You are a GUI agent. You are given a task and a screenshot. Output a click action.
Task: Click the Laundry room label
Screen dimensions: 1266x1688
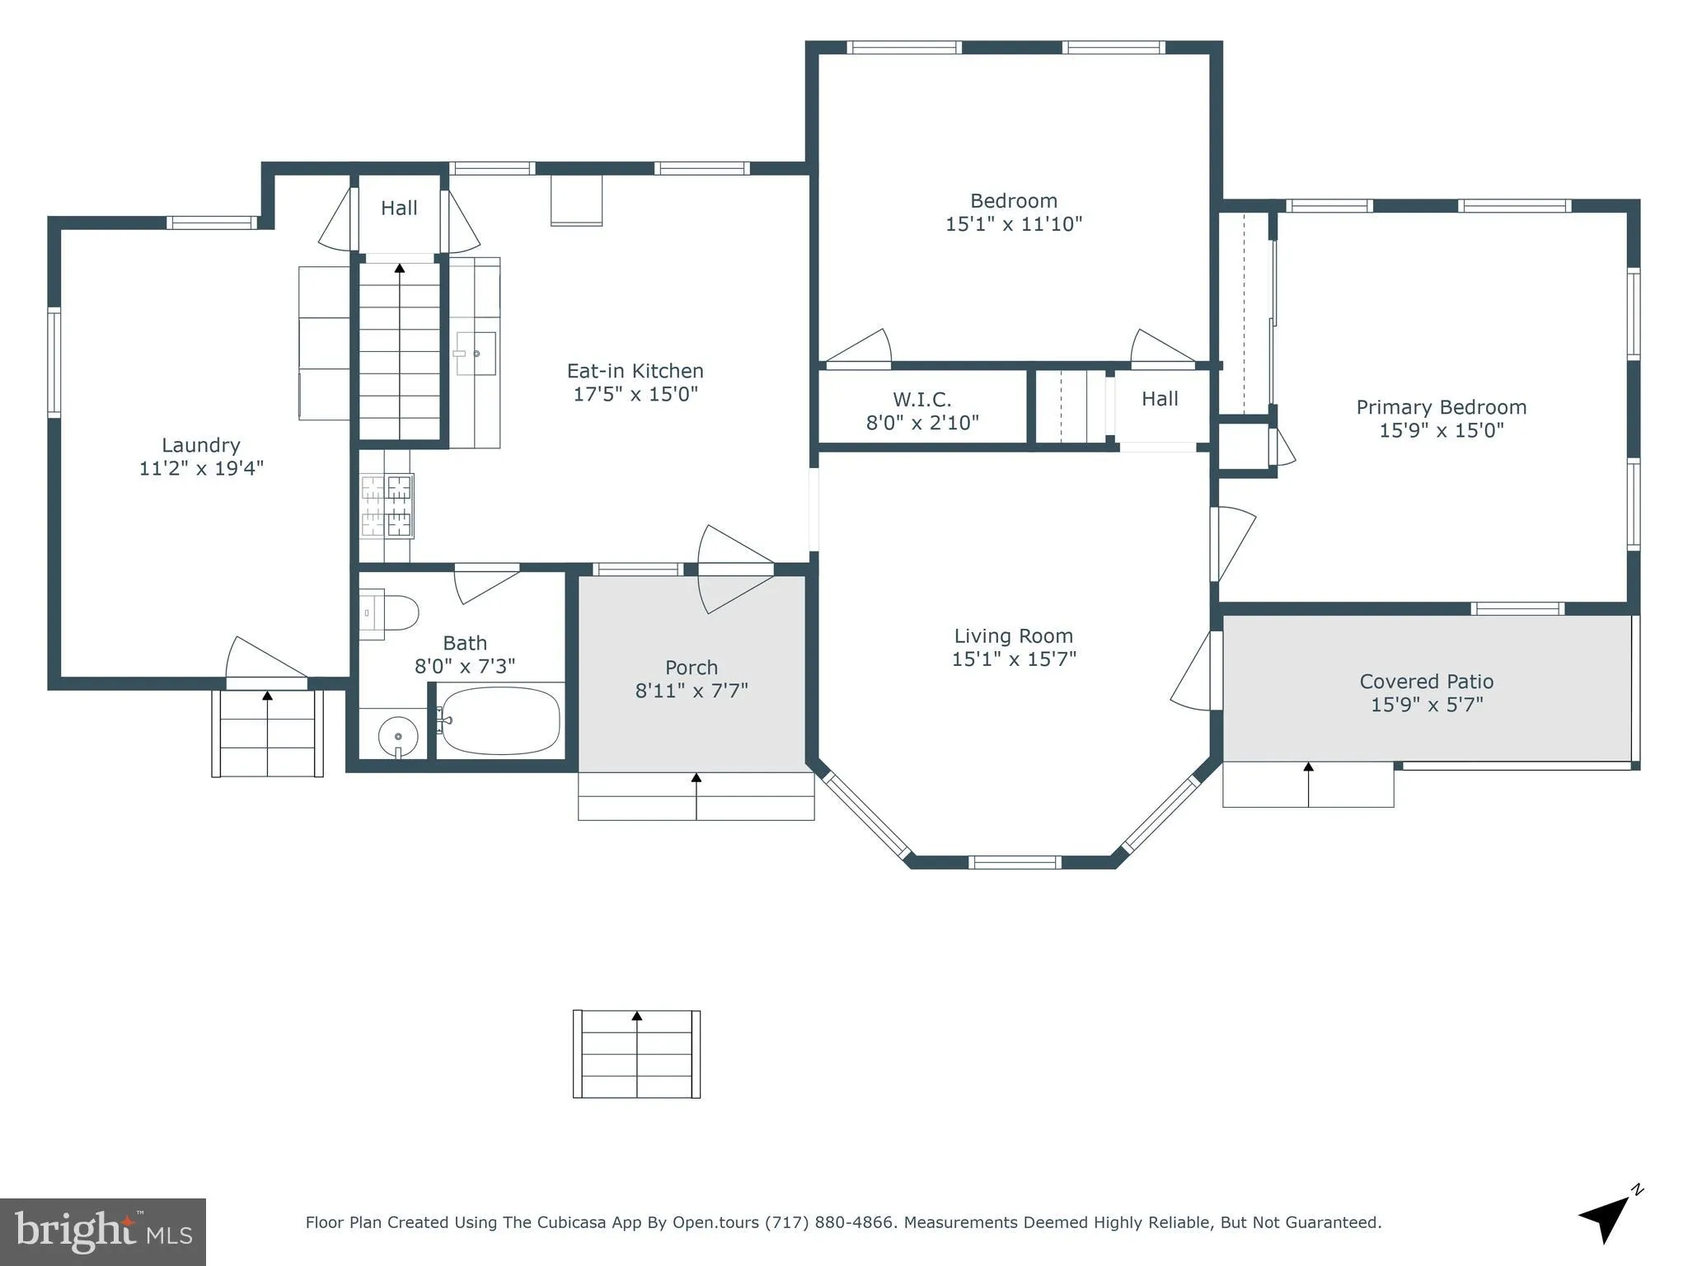(x=201, y=446)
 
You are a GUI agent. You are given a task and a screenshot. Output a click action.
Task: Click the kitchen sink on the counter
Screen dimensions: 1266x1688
(x=476, y=354)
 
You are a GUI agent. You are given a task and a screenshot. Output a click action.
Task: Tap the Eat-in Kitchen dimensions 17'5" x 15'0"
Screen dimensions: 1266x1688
(x=635, y=394)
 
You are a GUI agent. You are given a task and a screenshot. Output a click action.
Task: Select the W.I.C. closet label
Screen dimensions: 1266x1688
(x=921, y=400)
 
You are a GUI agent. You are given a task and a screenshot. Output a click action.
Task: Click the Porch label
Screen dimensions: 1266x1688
(x=691, y=668)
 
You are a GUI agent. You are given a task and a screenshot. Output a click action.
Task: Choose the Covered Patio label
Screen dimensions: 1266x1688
(x=1426, y=682)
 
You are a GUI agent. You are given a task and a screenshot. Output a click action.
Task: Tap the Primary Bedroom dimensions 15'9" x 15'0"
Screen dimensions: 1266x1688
(x=1441, y=430)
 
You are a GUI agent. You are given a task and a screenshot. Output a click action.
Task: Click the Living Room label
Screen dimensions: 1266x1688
(x=1013, y=636)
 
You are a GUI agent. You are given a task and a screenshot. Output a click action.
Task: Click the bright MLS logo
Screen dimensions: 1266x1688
(x=102, y=1231)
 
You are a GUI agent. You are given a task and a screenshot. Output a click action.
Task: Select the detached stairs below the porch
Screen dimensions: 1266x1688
(x=636, y=1054)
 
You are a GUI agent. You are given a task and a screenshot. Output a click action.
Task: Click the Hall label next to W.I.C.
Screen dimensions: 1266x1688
(x=1160, y=399)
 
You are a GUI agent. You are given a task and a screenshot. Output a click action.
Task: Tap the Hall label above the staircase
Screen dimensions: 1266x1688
(x=399, y=209)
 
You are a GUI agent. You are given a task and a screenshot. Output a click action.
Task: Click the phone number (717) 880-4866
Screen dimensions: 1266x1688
(x=829, y=1223)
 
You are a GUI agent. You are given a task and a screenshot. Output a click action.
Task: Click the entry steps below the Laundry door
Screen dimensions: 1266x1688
(x=267, y=734)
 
